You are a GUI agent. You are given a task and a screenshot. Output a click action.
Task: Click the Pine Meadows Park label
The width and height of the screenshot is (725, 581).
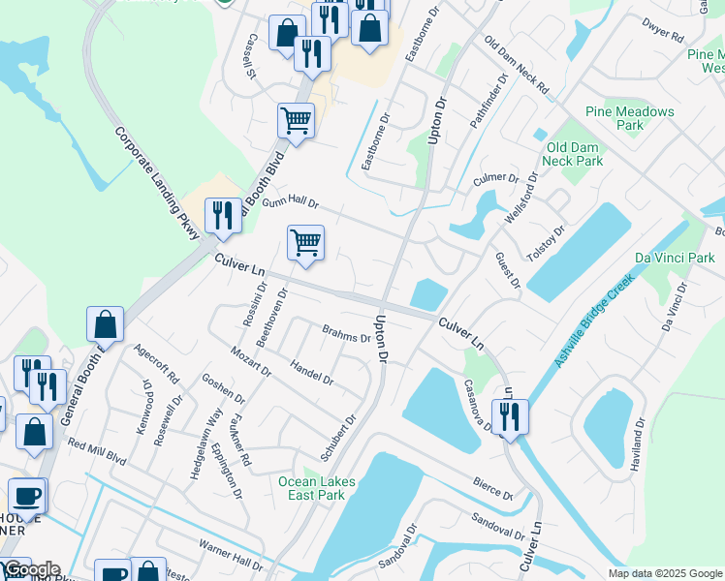(x=629, y=118)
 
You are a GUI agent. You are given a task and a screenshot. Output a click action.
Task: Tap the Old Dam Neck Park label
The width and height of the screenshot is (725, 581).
(x=575, y=154)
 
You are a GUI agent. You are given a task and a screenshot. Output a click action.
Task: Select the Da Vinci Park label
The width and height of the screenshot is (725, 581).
(x=674, y=258)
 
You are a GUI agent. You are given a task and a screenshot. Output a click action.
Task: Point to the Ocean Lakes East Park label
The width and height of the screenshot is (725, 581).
(x=317, y=488)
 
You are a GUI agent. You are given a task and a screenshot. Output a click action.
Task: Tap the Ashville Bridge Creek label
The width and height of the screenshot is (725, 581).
(x=592, y=321)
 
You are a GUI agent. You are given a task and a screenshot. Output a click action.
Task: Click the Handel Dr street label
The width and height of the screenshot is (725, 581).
(x=311, y=372)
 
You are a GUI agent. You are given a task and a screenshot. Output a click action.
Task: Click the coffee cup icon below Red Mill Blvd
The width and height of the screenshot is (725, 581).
(x=27, y=496)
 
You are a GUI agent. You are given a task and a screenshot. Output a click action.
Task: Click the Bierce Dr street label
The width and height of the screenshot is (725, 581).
(x=492, y=486)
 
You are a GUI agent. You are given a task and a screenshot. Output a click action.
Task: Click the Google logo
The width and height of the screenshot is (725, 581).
(x=31, y=569)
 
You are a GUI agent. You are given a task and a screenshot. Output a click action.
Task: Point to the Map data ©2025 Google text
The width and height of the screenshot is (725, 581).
(x=664, y=573)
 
